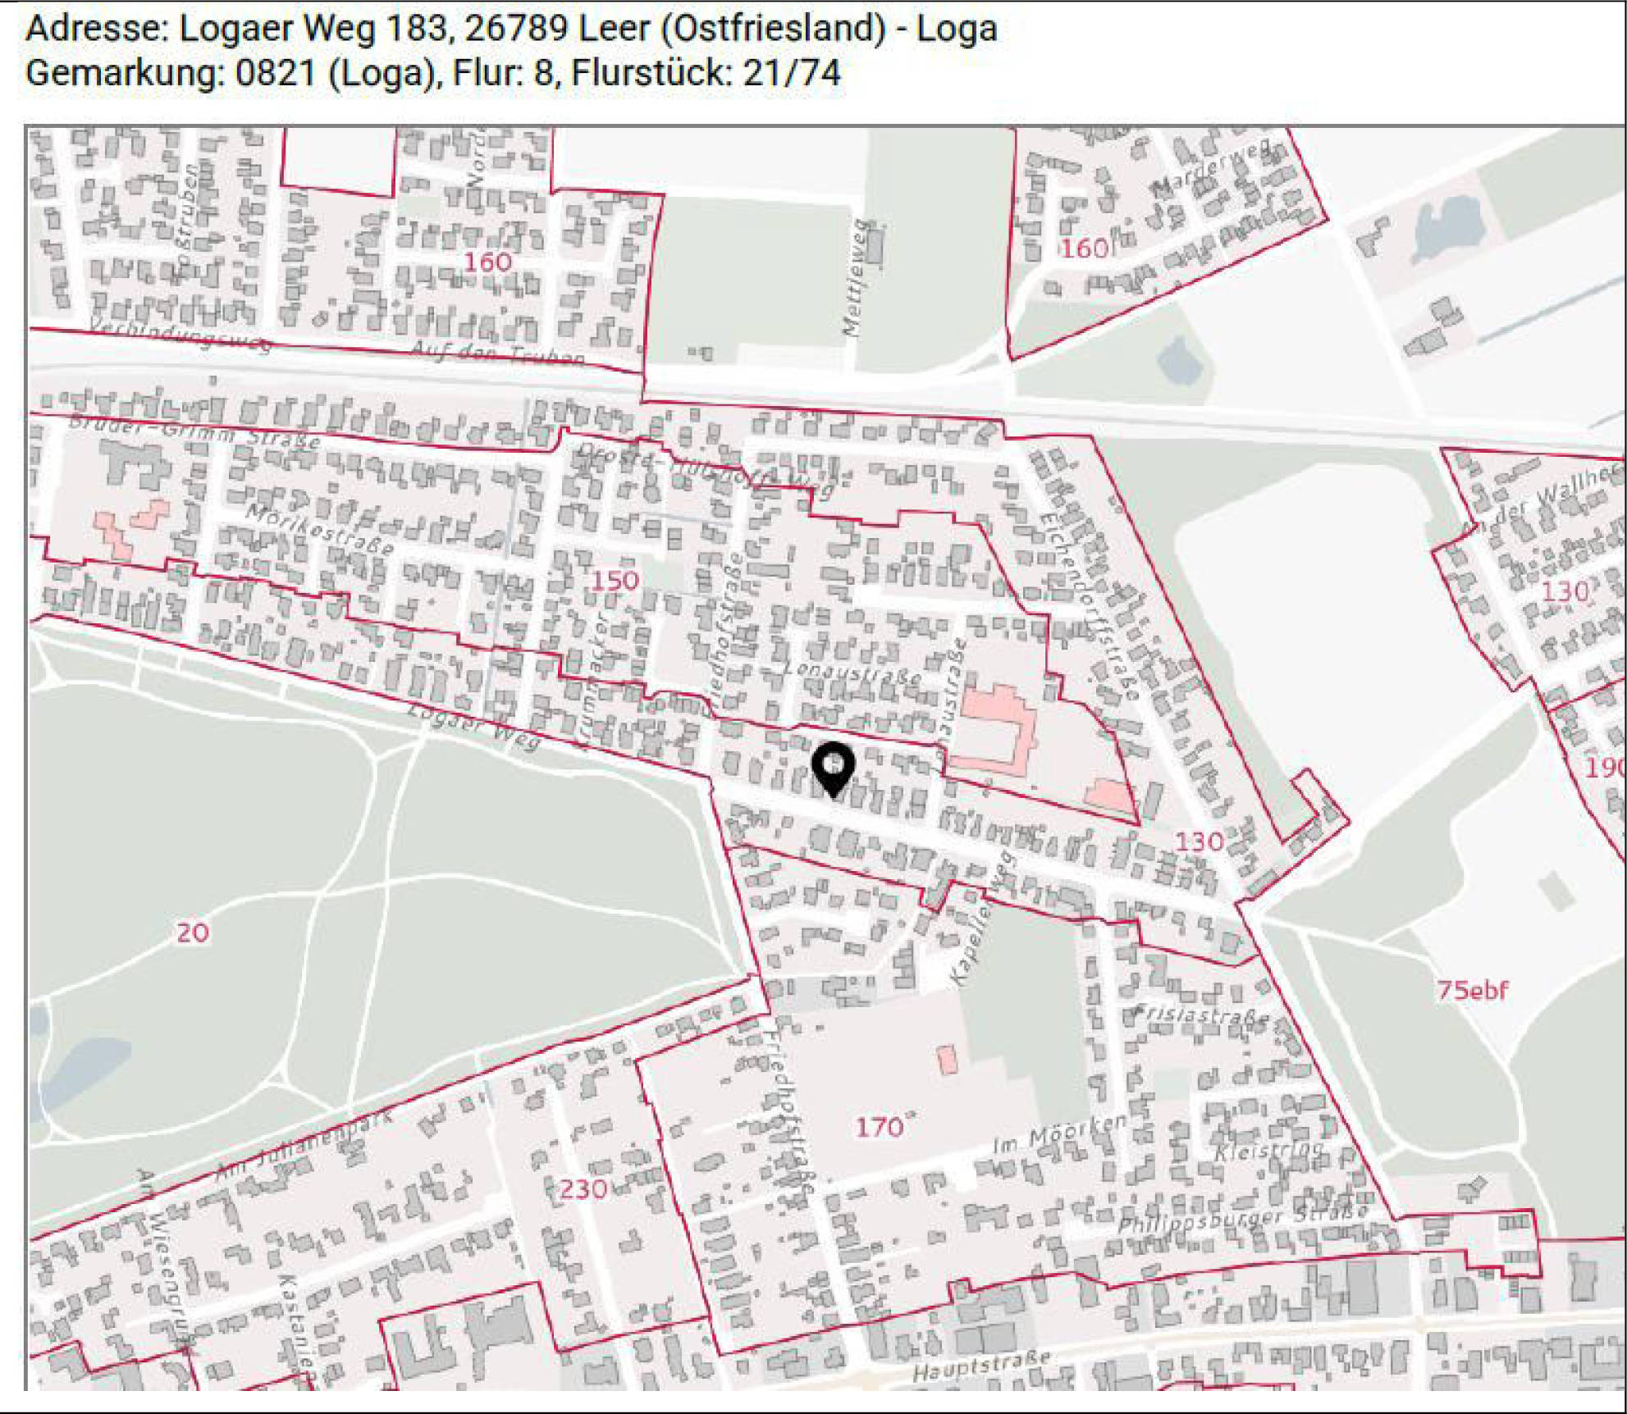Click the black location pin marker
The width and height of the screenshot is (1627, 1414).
(x=833, y=768)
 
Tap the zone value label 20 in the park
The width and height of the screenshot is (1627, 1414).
(x=193, y=933)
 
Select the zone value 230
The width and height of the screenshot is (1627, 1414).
(x=583, y=1188)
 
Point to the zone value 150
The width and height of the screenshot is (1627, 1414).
(x=615, y=581)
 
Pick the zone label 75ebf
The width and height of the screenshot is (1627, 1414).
(x=1472, y=990)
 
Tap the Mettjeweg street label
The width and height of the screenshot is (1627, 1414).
(x=856, y=279)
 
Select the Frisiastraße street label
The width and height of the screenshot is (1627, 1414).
(x=1200, y=1016)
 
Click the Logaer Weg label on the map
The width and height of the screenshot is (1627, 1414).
(x=474, y=726)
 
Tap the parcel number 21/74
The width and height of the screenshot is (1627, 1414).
(x=791, y=73)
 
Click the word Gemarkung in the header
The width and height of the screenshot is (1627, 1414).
(x=124, y=73)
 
